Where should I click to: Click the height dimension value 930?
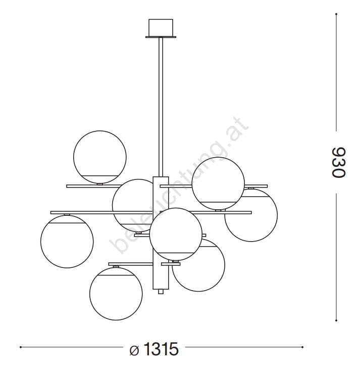(338, 162)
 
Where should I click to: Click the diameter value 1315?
(161, 349)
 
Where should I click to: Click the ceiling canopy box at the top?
(161, 27)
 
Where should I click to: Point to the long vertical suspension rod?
(161, 107)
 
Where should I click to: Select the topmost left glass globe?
(100, 157)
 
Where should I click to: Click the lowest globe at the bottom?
(116, 294)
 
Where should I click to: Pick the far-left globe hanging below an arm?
(67, 242)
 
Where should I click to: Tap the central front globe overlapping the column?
(176, 234)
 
